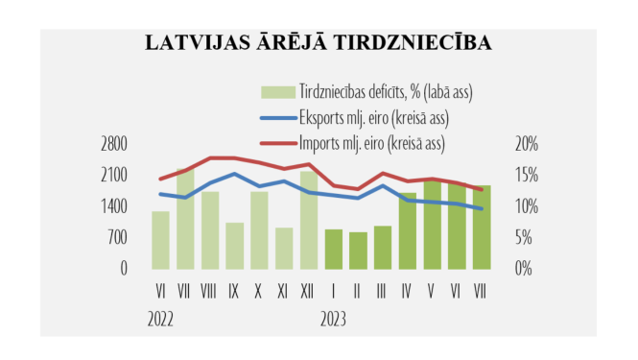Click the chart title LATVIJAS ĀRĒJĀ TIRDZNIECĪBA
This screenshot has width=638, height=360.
pyautogui.click(x=319, y=43)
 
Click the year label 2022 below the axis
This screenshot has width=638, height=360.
pyautogui.click(x=162, y=318)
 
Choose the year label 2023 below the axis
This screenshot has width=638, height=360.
pyautogui.click(x=333, y=318)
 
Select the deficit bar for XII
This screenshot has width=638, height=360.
pyautogui.click(x=309, y=220)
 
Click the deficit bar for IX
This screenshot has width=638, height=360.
pyautogui.click(x=235, y=245)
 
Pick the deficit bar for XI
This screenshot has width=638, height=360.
pyautogui.click(x=284, y=248)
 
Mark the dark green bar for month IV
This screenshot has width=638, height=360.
pyautogui.click(x=408, y=229)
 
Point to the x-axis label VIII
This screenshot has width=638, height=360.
pyautogui.click(x=209, y=291)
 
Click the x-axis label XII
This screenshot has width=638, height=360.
pyautogui.click(x=308, y=291)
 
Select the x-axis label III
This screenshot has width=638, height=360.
pyautogui.click(x=383, y=291)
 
